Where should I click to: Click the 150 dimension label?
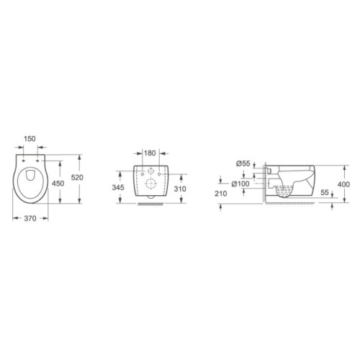30,139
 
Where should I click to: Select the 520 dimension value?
77,178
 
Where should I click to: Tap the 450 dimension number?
58,184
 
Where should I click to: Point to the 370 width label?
30,218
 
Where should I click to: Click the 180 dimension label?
150,153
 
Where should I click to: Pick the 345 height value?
118,187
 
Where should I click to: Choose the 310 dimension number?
180,189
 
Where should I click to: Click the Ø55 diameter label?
243,163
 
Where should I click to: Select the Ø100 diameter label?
240,184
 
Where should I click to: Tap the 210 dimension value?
221,194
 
